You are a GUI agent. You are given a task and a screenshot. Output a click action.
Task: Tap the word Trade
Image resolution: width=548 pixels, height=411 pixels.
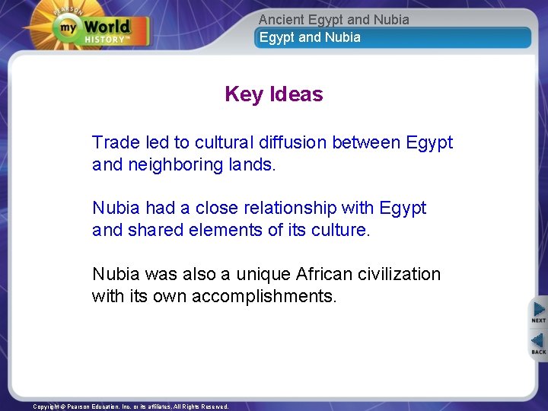tap(115, 142)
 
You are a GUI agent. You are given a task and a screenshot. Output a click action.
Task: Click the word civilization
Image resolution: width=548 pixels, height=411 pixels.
tap(397, 273)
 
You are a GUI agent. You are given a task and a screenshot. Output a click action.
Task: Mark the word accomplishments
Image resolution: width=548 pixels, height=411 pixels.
tap(263, 295)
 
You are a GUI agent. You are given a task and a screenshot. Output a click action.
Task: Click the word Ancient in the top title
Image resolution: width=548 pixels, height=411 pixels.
tap(281, 19)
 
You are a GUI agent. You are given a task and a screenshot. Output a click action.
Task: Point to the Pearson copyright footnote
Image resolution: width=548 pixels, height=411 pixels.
tap(130, 406)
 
